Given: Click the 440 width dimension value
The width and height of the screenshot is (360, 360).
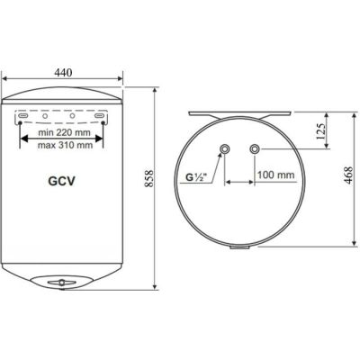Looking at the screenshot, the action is (x=63, y=73).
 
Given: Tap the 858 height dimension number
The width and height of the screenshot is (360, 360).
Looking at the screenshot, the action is (x=149, y=179).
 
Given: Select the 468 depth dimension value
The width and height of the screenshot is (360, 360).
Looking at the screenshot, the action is (x=349, y=175).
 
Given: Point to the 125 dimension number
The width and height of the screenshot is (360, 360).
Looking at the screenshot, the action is (x=321, y=131).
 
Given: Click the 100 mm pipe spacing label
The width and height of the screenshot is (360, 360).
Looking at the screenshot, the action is (x=276, y=175).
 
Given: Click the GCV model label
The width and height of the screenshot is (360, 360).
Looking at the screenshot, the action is (x=61, y=181).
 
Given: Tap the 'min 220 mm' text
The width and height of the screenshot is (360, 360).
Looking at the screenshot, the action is (x=64, y=132).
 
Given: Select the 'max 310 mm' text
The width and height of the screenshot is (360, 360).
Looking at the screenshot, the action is (x=65, y=145).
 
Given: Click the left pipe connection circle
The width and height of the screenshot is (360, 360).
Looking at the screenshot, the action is (x=224, y=148).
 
